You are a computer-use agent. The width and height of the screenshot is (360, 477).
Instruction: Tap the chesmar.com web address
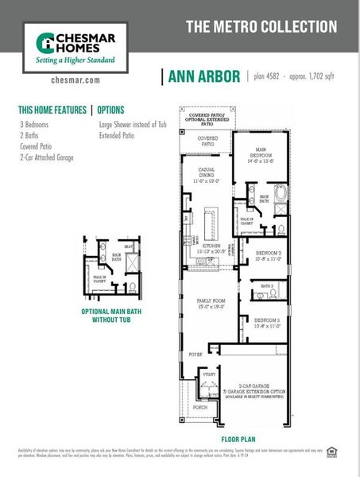[75, 79]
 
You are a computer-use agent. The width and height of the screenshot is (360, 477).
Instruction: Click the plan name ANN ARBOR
[203, 76]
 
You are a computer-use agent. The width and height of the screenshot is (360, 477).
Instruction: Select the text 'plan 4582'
[269, 76]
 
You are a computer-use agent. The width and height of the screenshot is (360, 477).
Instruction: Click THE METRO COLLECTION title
[261, 26]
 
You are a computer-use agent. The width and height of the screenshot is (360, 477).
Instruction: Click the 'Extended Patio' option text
[117, 136]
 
